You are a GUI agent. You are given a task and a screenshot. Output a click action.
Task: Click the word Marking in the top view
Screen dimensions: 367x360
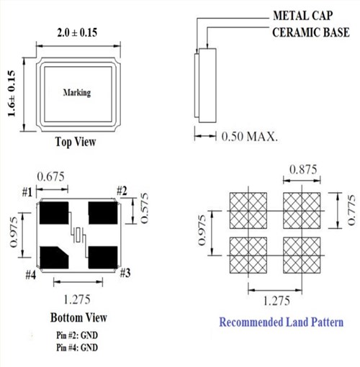(x=77, y=94)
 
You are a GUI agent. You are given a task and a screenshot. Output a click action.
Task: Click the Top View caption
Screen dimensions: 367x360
(x=76, y=142)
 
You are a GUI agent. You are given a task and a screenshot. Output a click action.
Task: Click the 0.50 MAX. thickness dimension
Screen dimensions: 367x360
(x=249, y=135)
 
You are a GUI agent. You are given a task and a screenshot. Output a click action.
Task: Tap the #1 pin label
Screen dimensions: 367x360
(x=28, y=192)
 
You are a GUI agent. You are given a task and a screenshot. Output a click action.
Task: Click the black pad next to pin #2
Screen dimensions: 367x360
(x=102, y=214)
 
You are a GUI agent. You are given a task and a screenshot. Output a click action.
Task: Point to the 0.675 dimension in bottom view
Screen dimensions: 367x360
(x=52, y=175)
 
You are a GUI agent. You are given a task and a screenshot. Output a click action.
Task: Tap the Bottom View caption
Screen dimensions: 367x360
(x=78, y=317)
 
